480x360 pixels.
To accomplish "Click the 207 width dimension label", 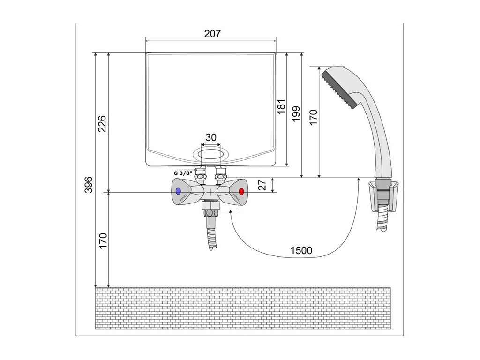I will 212,34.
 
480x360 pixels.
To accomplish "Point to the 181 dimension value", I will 281,105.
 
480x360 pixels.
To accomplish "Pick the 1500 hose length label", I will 301,250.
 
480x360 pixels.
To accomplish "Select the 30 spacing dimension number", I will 211,137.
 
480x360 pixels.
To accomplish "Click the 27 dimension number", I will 263,185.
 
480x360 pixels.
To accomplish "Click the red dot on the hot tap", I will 241,192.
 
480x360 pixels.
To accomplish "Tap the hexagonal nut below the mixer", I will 210,207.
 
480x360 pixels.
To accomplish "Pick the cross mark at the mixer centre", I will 211,192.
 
